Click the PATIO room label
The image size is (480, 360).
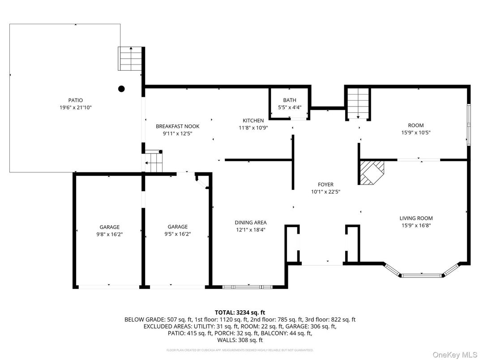pos(75,100)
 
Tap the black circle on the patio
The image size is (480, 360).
pos(121,89)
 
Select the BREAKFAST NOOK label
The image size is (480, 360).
pos(177,126)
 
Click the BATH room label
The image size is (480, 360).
pos(289,100)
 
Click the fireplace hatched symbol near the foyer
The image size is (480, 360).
pos(371,173)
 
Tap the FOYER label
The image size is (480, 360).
pos(325,184)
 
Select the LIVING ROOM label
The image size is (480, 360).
pos(416,219)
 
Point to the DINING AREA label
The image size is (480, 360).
pos(251,223)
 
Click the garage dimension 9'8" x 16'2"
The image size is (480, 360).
pos(109,234)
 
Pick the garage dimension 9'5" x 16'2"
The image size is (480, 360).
pos(177,234)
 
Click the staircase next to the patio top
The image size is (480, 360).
pos(130,59)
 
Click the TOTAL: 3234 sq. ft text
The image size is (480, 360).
pos(240,312)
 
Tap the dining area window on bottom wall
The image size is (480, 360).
pos(247,286)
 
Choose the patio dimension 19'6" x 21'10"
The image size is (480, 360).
pos(75,107)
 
